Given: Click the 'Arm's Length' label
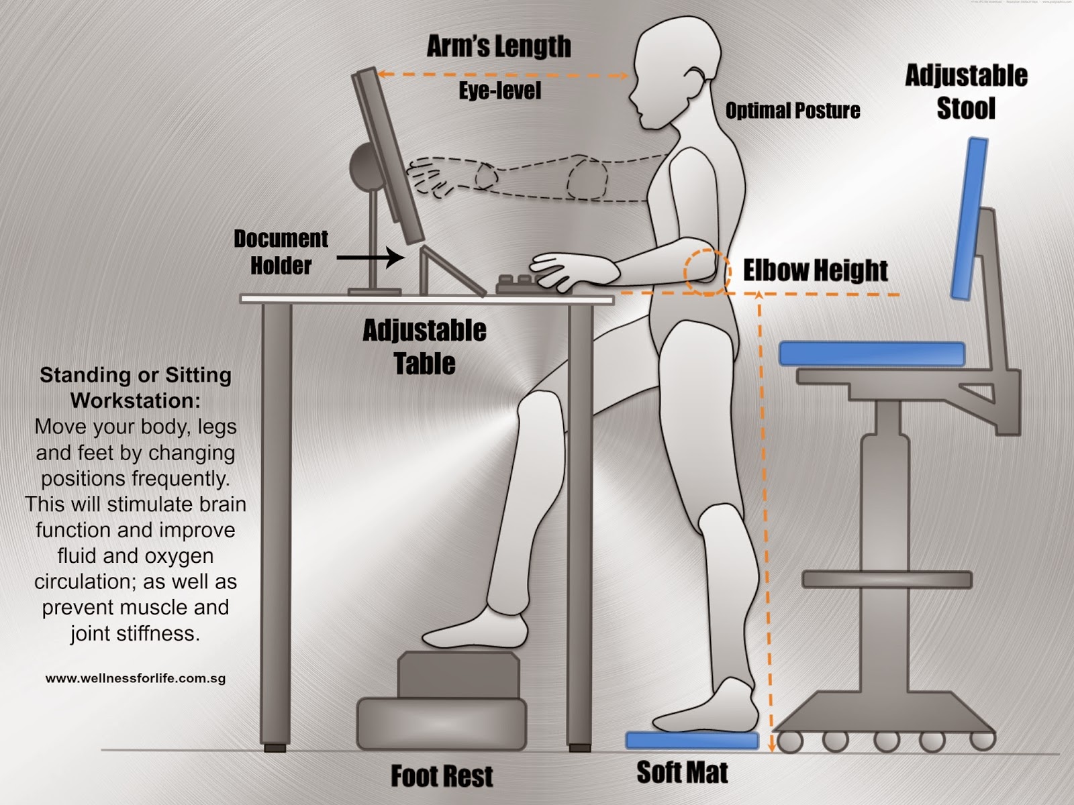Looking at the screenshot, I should click(x=499, y=47).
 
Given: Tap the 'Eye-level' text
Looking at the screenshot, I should click(x=499, y=91).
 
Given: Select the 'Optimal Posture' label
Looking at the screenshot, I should click(x=792, y=111).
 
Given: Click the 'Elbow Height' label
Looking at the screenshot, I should click(x=815, y=271).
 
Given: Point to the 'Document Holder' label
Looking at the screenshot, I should click(x=281, y=252).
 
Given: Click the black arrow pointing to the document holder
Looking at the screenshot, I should click(x=370, y=257).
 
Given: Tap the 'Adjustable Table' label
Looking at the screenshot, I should click(x=424, y=347).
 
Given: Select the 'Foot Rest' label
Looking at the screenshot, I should click(x=442, y=776).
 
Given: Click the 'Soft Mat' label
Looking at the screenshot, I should click(x=681, y=773).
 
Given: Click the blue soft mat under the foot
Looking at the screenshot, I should click(x=691, y=741).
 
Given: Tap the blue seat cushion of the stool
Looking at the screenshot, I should click(x=871, y=354).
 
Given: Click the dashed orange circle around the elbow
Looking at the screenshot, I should click(x=707, y=272).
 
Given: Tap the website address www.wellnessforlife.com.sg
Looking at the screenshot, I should click(x=135, y=678).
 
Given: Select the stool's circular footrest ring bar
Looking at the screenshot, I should click(x=887, y=580).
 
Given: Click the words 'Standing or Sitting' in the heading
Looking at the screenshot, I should click(x=135, y=375).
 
